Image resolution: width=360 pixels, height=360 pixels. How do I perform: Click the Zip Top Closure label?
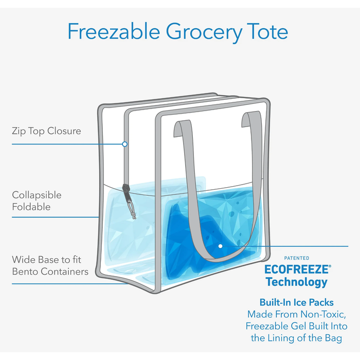(x=46, y=131)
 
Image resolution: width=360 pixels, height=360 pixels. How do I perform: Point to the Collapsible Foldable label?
(x=37, y=201)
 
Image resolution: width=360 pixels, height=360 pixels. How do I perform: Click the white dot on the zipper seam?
(x=124, y=144)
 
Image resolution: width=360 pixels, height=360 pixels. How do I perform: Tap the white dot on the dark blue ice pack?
(x=220, y=246)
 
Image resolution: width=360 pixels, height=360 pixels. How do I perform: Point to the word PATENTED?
(x=297, y=258)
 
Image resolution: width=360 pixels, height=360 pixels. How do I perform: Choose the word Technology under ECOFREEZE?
(x=296, y=282)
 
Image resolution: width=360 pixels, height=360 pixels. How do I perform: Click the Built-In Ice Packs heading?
(x=296, y=302)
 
